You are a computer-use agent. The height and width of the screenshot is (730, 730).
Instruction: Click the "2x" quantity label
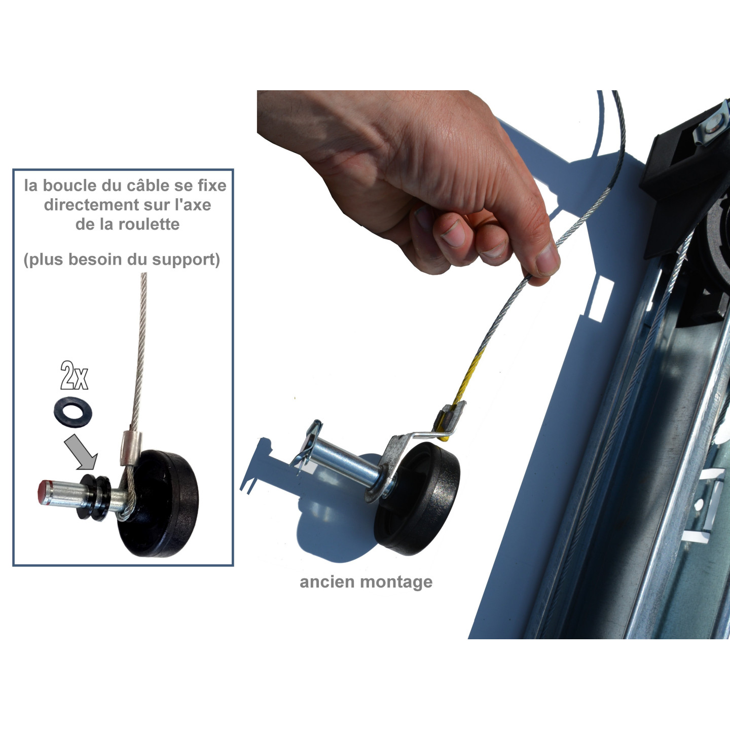(x=75, y=376)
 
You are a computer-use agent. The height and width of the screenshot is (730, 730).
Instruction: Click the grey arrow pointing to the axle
(x=81, y=452)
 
